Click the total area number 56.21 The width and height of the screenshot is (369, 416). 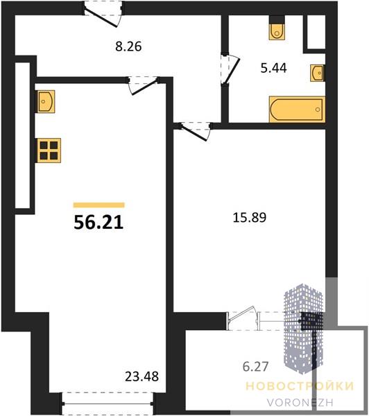98,222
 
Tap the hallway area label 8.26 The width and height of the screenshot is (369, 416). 128,46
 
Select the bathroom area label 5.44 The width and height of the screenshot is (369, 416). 274,68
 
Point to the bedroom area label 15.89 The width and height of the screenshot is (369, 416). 250,218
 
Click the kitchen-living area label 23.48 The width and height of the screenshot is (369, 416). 141,376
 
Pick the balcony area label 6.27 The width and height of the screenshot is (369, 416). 256,367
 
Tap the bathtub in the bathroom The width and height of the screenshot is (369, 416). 298,110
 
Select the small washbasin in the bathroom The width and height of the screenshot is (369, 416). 317,73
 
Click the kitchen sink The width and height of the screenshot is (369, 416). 46,101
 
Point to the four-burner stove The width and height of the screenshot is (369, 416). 49,150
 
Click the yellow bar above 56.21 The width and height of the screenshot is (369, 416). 99,205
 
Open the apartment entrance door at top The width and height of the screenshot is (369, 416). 103,15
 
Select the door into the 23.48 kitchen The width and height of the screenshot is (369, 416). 144,85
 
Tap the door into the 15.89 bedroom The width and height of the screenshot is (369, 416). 196,130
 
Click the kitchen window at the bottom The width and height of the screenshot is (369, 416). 108,404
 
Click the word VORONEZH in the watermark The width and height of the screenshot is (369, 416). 300,403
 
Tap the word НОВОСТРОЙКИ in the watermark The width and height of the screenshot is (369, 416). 300,386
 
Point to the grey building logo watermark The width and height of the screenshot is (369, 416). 303,329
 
